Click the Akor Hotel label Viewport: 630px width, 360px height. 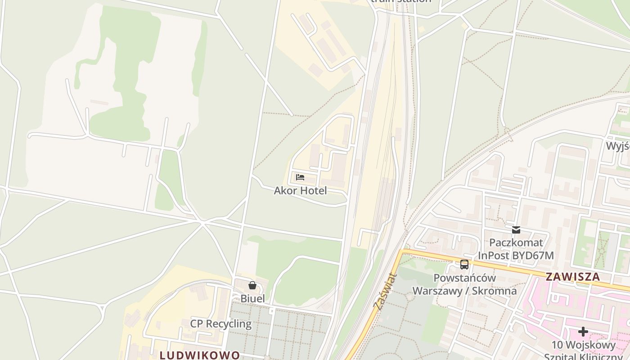point(300,190)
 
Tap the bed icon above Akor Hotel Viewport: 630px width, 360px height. point(300,177)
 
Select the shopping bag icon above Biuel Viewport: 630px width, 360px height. point(252,285)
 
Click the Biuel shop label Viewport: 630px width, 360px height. point(252,298)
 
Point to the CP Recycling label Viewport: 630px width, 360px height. point(220,324)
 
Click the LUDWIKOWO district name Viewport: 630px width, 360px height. point(200,355)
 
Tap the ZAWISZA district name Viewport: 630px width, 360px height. point(573,277)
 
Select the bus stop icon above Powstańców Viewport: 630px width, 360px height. point(464,265)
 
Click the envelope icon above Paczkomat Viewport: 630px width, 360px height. point(516,229)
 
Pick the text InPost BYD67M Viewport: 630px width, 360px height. point(516,256)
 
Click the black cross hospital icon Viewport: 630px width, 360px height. point(583,332)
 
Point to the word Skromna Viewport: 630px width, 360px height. point(495,290)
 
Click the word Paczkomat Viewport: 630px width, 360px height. point(516,243)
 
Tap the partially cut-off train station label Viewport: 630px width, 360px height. point(400,1)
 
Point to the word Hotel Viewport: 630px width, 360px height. point(313,190)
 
